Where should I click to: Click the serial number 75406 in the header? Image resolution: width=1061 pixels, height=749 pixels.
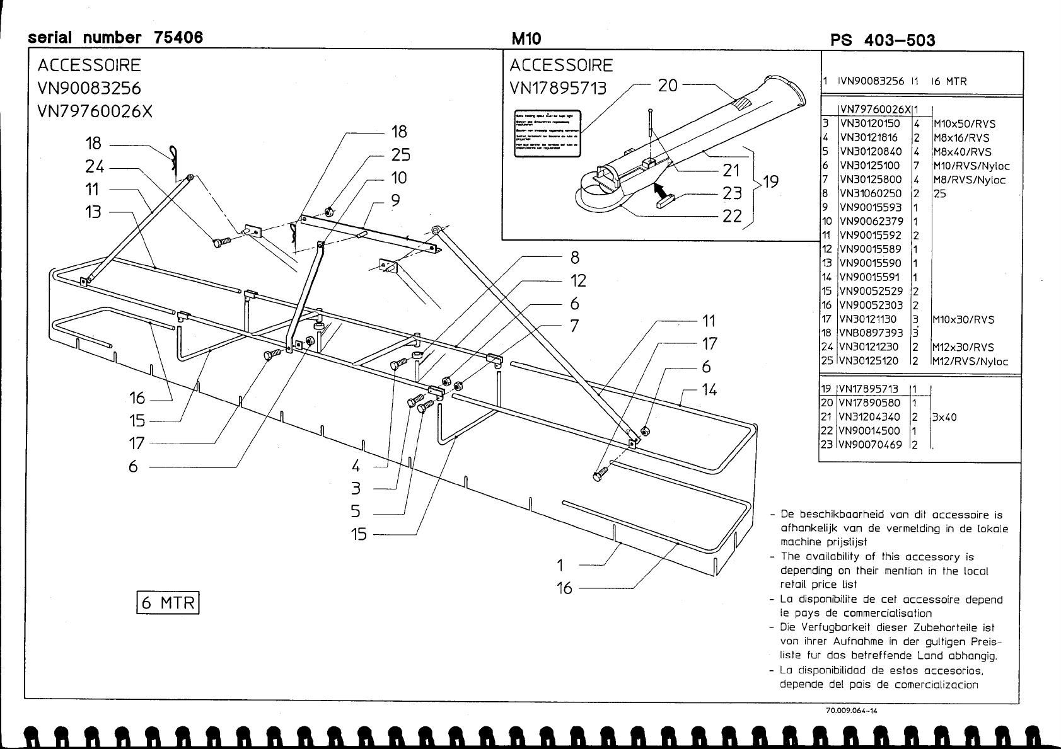[x=178, y=38]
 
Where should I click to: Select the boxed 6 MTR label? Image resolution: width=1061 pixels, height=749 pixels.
[x=168, y=602]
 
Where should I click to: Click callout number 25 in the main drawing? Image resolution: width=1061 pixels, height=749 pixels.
[x=400, y=155]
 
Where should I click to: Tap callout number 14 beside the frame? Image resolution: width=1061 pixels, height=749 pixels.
[x=709, y=390]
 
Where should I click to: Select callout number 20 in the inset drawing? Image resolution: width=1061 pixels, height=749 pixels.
[x=668, y=85]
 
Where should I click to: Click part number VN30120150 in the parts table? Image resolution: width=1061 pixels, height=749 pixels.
[x=870, y=124]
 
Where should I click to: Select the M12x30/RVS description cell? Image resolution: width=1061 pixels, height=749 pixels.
[x=963, y=347]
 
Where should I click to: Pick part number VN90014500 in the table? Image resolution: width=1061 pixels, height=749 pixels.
[x=869, y=431]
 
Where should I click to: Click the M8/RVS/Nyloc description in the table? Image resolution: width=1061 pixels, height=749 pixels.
[x=969, y=180]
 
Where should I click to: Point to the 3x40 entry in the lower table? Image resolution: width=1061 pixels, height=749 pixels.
[x=944, y=417]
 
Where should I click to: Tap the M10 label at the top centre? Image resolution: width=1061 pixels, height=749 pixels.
[x=526, y=39]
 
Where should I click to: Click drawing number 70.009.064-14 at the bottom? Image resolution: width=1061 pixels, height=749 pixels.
[x=851, y=711]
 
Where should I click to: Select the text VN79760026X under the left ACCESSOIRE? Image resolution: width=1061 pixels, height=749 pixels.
[x=95, y=111]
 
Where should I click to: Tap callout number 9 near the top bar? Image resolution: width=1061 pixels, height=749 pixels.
[x=395, y=201]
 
